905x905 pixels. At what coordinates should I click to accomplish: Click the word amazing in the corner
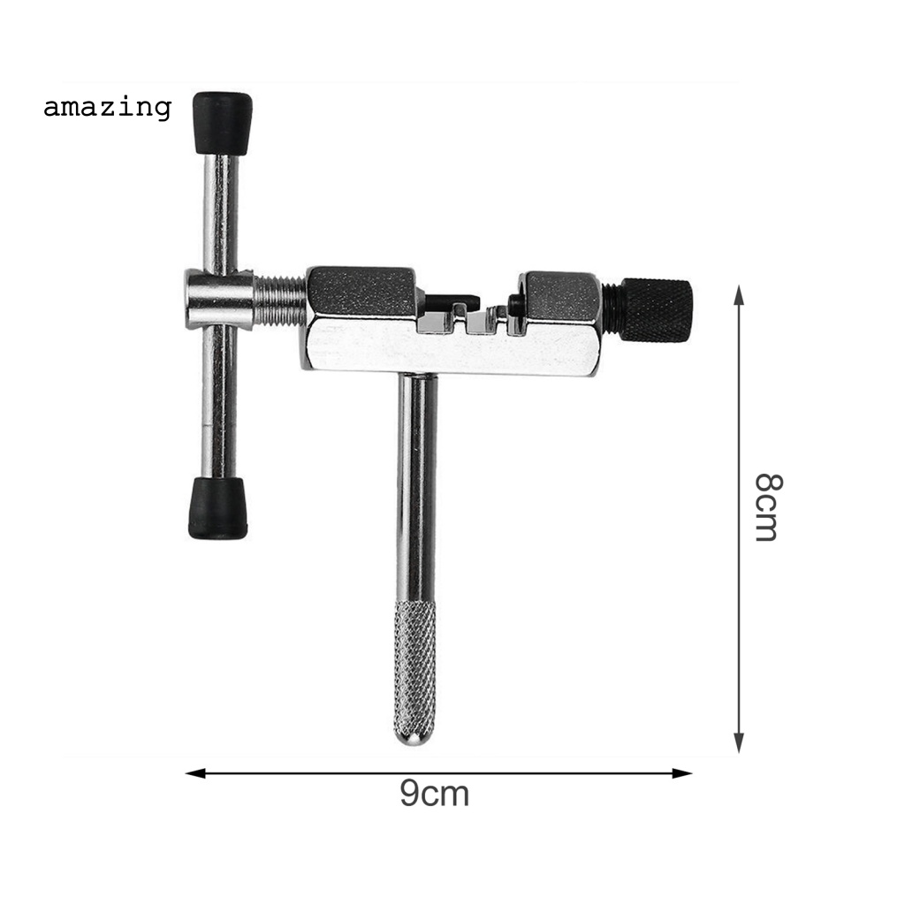(x=107, y=108)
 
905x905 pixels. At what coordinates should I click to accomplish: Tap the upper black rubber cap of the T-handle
(x=222, y=122)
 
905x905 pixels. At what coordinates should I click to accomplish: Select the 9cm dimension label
(x=434, y=793)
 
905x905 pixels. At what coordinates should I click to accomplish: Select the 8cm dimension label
(x=767, y=506)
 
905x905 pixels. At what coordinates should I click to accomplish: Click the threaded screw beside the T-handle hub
(x=279, y=300)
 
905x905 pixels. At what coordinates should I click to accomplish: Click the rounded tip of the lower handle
(x=413, y=735)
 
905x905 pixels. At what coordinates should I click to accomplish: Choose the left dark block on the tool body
(x=361, y=293)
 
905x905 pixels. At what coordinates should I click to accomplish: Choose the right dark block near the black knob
(x=561, y=297)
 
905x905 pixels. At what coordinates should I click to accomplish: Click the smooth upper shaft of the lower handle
(x=416, y=486)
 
